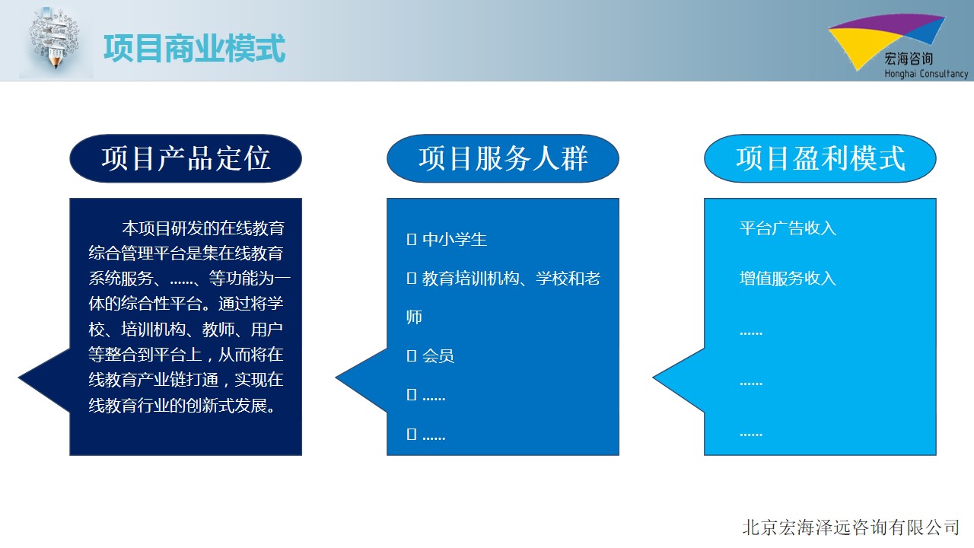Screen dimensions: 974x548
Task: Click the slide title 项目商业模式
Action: [x=194, y=48]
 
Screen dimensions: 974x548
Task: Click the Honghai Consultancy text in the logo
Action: [x=926, y=74]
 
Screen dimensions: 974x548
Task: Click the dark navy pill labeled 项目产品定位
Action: [x=186, y=158]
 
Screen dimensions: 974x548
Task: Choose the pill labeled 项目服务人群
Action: [x=503, y=158]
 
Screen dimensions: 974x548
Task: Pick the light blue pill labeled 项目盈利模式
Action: [x=820, y=158]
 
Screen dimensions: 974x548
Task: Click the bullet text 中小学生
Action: [x=454, y=239]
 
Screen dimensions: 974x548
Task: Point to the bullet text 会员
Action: [x=438, y=355]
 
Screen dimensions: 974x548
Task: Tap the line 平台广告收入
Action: [x=788, y=228]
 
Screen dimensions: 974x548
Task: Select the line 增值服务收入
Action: [x=788, y=279]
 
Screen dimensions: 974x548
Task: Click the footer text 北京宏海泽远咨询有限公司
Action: [x=851, y=527]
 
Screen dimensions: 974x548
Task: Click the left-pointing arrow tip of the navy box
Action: [x=19, y=378]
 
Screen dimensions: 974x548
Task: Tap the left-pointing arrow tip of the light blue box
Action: [x=654, y=378]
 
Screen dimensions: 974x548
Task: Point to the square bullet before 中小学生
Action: [x=412, y=239]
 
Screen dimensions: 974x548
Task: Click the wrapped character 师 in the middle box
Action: [x=414, y=317]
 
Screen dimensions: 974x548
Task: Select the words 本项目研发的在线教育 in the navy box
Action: [x=203, y=228]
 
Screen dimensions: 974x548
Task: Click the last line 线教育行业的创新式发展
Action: [x=182, y=406]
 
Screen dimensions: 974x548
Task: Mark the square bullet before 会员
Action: [x=412, y=355]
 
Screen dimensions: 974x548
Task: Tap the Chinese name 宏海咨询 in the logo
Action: [x=909, y=59]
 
